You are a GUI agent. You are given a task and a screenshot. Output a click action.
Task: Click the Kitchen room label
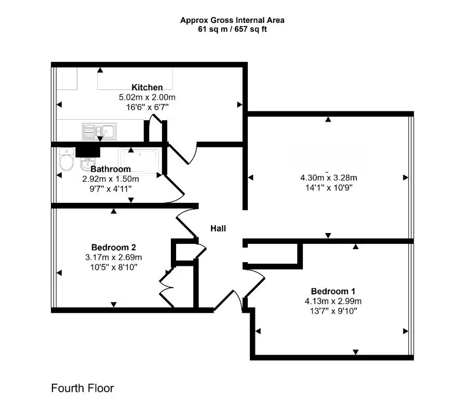pyautogui.click(x=147, y=87)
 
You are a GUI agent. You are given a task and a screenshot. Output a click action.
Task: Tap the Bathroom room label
pyautogui.click(x=111, y=169)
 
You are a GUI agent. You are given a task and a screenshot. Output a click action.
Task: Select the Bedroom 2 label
pyautogui.click(x=113, y=247)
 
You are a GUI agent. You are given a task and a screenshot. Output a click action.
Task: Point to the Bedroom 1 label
pyautogui.click(x=333, y=291)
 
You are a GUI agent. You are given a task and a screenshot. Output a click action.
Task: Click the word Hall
pyautogui.click(x=218, y=228)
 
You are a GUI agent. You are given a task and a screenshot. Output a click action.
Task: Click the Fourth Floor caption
pyautogui.click(x=83, y=388)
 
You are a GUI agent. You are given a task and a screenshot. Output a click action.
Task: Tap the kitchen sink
pyautogui.click(x=99, y=132)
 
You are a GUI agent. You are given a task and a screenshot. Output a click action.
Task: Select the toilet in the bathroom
pyautogui.click(x=66, y=159)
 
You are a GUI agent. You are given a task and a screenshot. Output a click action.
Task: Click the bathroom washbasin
pyautogui.click(x=87, y=164)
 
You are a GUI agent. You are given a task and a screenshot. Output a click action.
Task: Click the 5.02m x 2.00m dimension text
pyautogui.click(x=147, y=97)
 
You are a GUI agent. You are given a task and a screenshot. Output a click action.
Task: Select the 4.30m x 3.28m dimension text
pyautogui.click(x=328, y=177)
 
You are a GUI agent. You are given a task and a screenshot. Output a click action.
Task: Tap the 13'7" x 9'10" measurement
pyautogui.click(x=333, y=311)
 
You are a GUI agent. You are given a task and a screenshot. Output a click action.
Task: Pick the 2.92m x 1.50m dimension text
pyautogui.click(x=111, y=179)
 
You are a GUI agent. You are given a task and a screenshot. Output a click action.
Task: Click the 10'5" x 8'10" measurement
pyautogui.click(x=113, y=267)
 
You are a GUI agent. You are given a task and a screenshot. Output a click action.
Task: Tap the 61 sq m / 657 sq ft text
pyautogui.click(x=232, y=29)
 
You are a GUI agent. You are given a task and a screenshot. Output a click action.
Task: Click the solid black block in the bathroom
pyautogui.click(x=88, y=152)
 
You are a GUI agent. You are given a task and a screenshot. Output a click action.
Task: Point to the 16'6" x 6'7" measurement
pyautogui.click(x=147, y=107)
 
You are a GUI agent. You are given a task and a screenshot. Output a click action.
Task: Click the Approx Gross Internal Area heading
pyautogui.click(x=232, y=20)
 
